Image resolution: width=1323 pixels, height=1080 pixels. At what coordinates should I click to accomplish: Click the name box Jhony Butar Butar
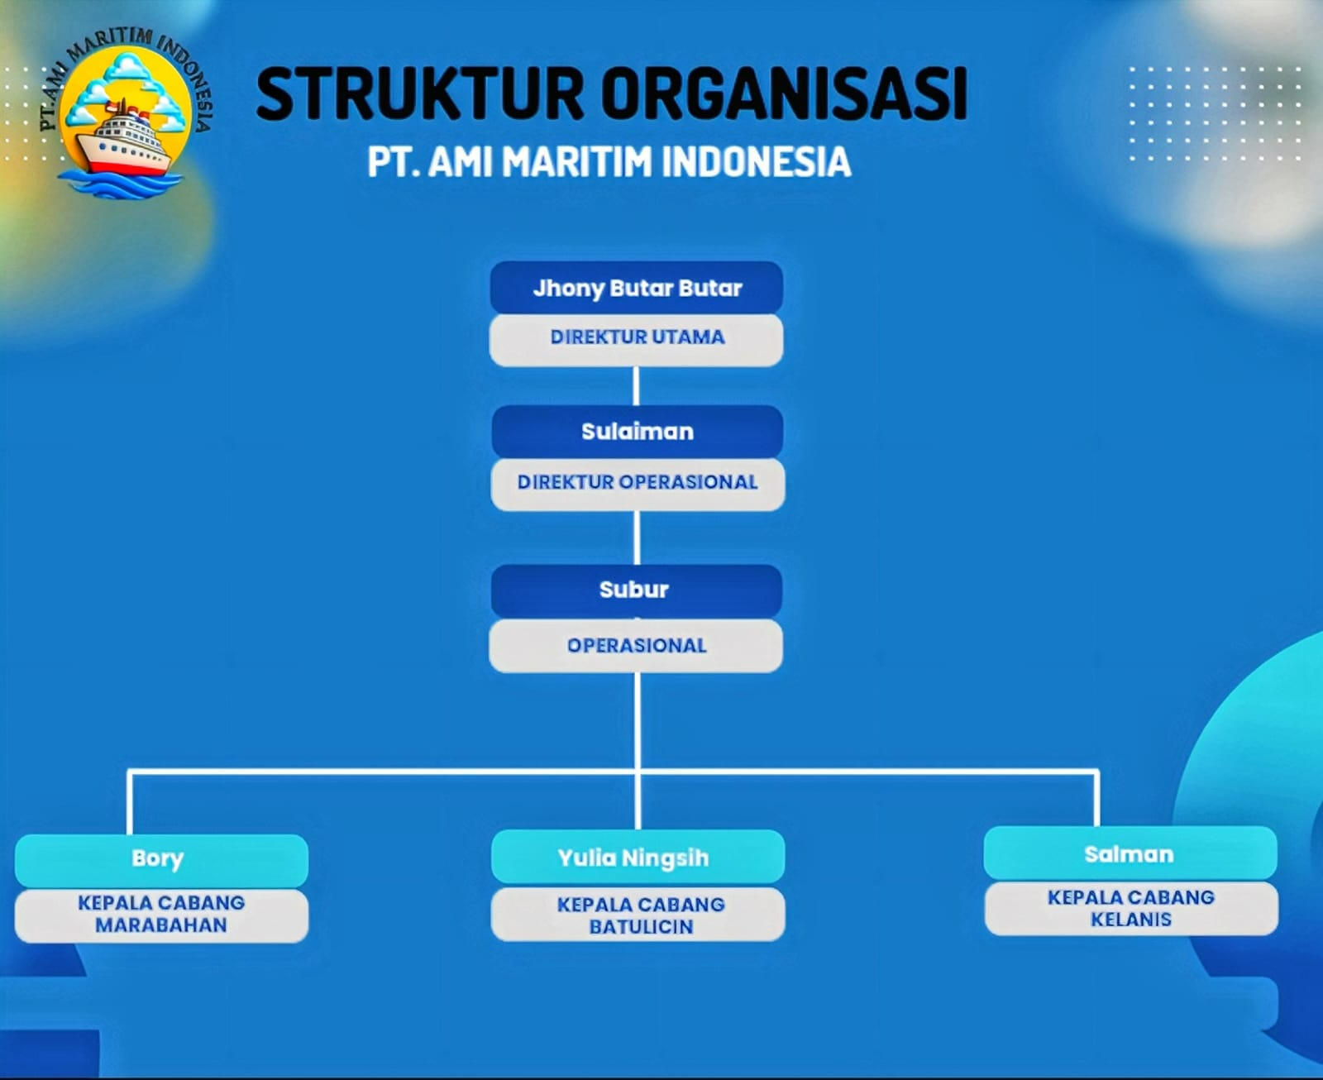click(x=637, y=288)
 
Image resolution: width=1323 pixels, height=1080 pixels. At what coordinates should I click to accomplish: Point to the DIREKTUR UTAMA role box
click(x=637, y=337)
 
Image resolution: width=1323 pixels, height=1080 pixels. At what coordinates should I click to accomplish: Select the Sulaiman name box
click(x=637, y=431)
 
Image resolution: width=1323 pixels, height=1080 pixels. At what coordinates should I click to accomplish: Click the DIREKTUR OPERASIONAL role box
click(x=637, y=482)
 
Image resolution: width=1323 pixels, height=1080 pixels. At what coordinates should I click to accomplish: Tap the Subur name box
click(x=635, y=590)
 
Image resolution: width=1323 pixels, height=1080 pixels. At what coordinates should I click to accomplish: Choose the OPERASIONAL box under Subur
click(x=637, y=645)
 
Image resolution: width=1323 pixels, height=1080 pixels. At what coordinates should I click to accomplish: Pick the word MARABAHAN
click(x=161, y=925)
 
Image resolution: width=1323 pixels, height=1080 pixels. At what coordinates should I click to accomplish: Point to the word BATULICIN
click(x=641, y=927)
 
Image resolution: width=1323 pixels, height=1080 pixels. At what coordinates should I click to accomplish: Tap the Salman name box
click(x=1130, y=854)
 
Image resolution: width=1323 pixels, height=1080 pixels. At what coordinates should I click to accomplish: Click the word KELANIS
click(x=1131, y=920)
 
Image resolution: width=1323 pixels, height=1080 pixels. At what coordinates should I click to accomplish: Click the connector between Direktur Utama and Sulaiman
click(x=636, y=385)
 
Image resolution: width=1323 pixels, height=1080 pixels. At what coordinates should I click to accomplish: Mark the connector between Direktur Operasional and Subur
click(x=637, y=538)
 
